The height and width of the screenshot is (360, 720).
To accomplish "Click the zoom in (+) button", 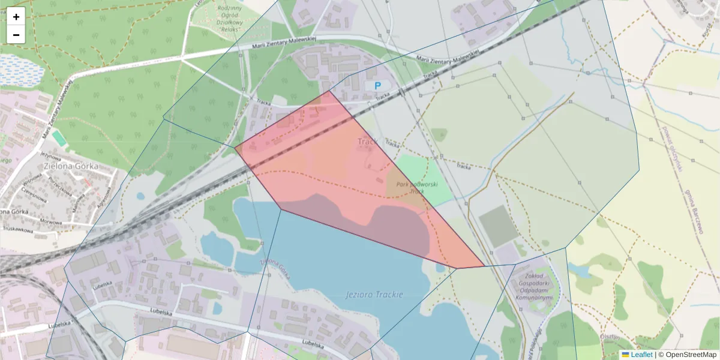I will pos(16,17).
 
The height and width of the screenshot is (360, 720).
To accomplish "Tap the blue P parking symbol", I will pos(378,86).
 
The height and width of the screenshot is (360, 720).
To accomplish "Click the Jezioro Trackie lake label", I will pos(375,295).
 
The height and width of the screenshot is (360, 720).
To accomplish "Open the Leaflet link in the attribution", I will pos(641,355).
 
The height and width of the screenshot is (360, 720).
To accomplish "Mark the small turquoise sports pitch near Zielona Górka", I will pos(59,138).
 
